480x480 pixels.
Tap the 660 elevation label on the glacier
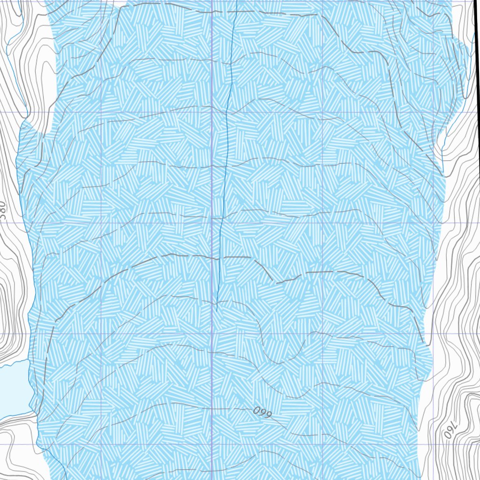[x=262, y=412]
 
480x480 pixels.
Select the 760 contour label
[x=450, y=429]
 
